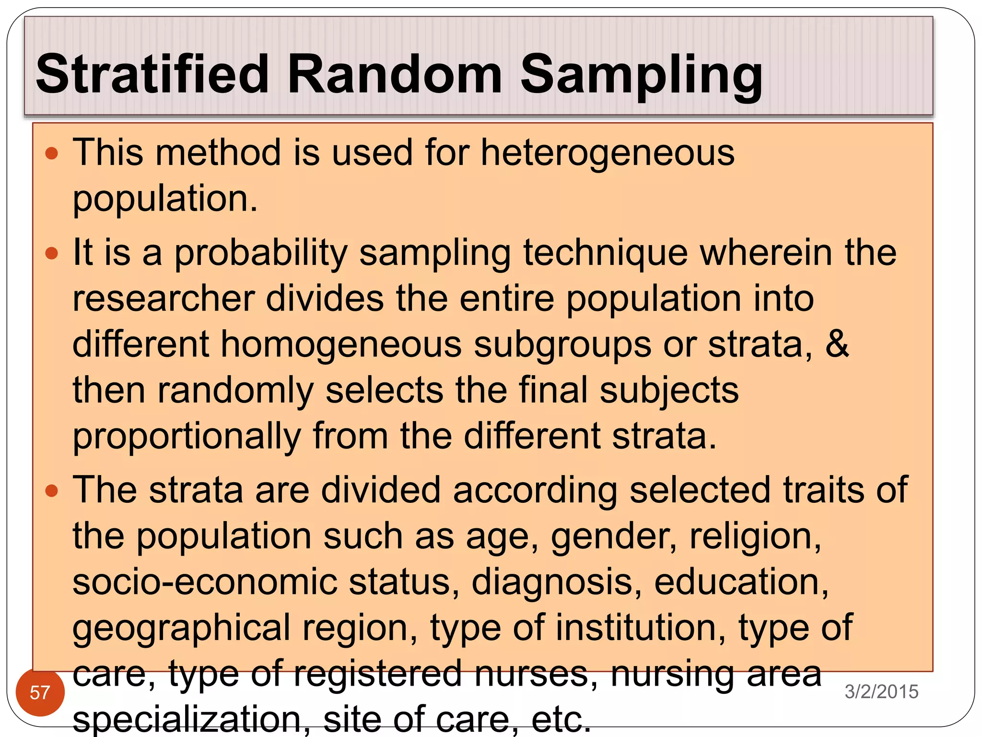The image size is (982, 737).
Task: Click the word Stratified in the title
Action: [x=152, y=74]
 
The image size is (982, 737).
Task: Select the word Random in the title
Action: [x=394, y=74]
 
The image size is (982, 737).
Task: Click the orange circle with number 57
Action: [x=40, y=692]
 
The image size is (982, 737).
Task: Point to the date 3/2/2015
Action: [x=881, y=691]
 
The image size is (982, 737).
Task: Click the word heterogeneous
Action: [x=607, y=153]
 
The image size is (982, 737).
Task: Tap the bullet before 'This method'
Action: [x=51, y=154]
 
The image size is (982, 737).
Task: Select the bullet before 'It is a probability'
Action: [x=51, y=253]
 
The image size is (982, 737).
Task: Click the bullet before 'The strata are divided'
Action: [x=51, y=490]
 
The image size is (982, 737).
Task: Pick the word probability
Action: [x=260, y=254]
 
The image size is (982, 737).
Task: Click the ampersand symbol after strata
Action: [x=837, y=344]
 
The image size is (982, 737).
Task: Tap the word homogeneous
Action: [x=341, y=344]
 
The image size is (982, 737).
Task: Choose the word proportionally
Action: [x=187, y=437]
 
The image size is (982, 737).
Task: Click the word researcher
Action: [x=164, y=298]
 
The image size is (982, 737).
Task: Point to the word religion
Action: [x=755, y=536]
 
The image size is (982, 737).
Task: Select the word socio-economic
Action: [x=205, y=582]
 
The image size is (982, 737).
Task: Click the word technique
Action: [x=606, y=253]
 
